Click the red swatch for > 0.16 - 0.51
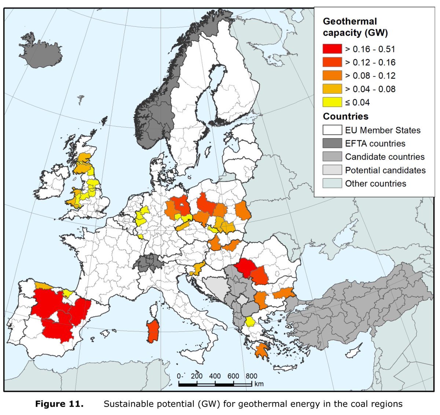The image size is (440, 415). [x=332, y=49]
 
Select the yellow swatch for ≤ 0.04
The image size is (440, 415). [x=332, y=102]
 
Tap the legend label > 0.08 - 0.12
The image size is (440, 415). [x=370, y=76]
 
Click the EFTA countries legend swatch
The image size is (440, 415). [x=332, y=143]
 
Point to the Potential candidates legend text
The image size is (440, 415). [x=385, y=170]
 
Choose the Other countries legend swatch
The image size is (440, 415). [x=332, y=184]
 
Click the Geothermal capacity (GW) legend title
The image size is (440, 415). [x=355, y=27]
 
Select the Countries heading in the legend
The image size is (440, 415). [x=345, y=116]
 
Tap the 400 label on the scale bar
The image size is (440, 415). [x=215, y=376]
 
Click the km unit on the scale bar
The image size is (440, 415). [x=259, y=384]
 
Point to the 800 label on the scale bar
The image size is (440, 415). [x=251, y=376]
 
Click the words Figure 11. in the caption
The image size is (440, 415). [x=59, y=404]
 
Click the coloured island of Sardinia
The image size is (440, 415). [x=153, y=331]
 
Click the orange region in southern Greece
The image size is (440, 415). [x=261, y=351]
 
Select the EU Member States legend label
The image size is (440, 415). [x=382, y=130]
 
